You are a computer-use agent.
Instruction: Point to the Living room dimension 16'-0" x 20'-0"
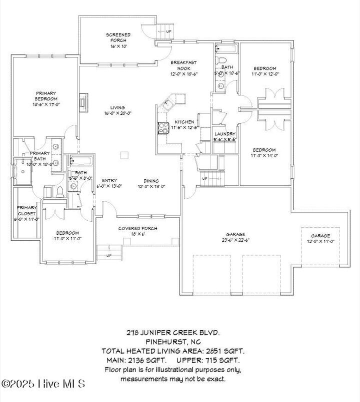click(x=117, y=113)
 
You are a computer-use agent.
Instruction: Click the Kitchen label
click(x=184, y=122)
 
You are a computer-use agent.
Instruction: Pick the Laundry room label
click(x=225, y=134)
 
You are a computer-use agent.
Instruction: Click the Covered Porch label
click(x=137, y=228)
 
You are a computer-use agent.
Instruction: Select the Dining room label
click(x=151, y=181)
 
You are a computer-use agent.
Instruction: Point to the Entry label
click(x=109, y=181)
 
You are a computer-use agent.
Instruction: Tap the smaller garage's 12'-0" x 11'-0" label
click(x=320, y=241)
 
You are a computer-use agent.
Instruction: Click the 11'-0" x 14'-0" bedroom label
click(x=264, y=156)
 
